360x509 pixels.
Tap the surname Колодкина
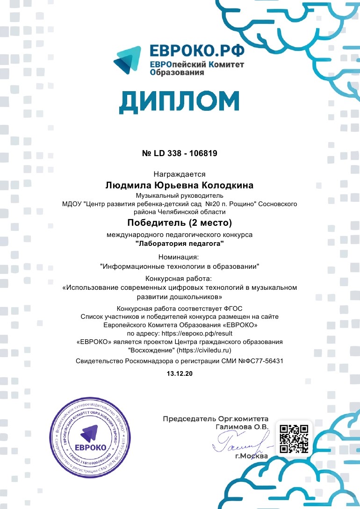coord(227,186)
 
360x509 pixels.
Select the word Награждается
coord(180,174)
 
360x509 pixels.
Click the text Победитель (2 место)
coord(180,222)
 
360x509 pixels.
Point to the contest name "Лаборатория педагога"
coord(180,243)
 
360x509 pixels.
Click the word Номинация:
coord(180,257)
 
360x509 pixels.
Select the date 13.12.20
coord(180,373)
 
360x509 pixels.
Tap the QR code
coord(294,438)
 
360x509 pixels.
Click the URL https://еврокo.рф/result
coord(196,333)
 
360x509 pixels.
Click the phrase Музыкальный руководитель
coord(180,195)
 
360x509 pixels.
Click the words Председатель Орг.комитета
coord(216,419)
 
